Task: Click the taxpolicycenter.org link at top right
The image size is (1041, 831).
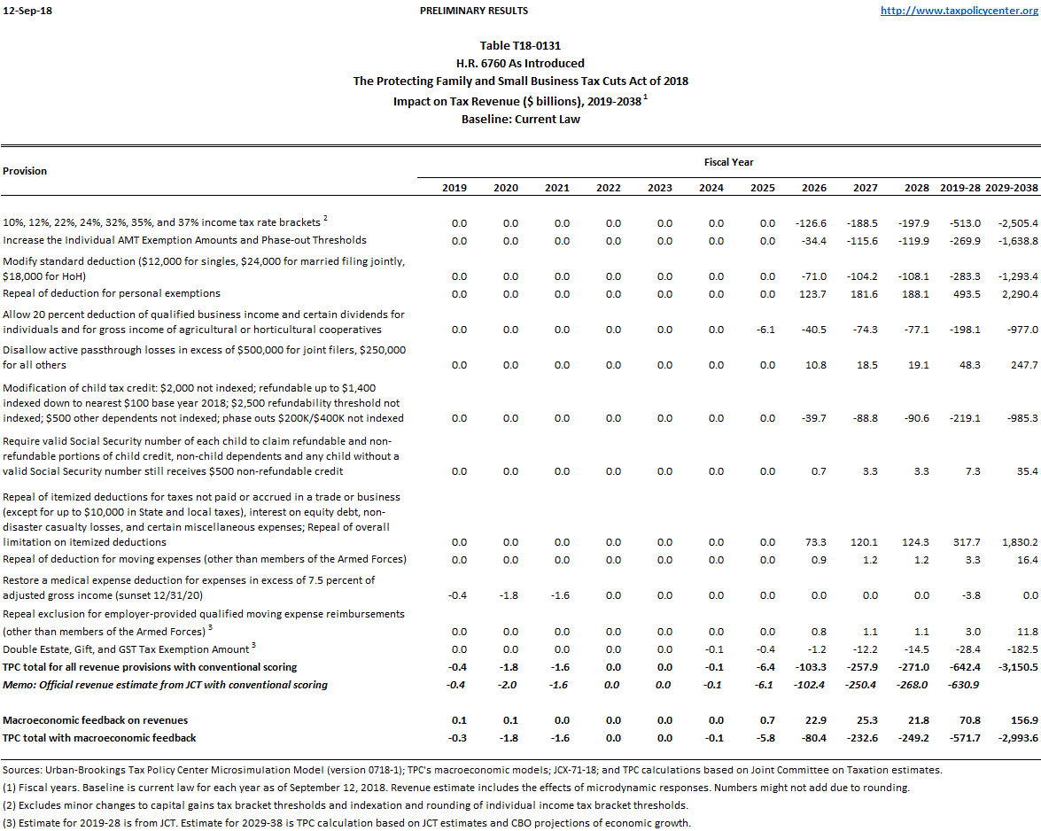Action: tap(959, 11)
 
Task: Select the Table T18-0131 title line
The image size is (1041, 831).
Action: tap(520, 46)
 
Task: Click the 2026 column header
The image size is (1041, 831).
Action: tap(813, 188)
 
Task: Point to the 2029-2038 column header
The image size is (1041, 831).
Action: tap(1011, 188)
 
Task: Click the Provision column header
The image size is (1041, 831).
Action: tap(25, 171)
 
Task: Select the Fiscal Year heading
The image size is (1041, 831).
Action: tap(728, 162)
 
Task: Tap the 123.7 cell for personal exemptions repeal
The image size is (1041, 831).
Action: tap(813, 293)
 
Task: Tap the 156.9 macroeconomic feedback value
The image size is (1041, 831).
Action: tap(1022, 720)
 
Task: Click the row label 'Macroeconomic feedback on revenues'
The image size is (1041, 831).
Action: tap(95, 720)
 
